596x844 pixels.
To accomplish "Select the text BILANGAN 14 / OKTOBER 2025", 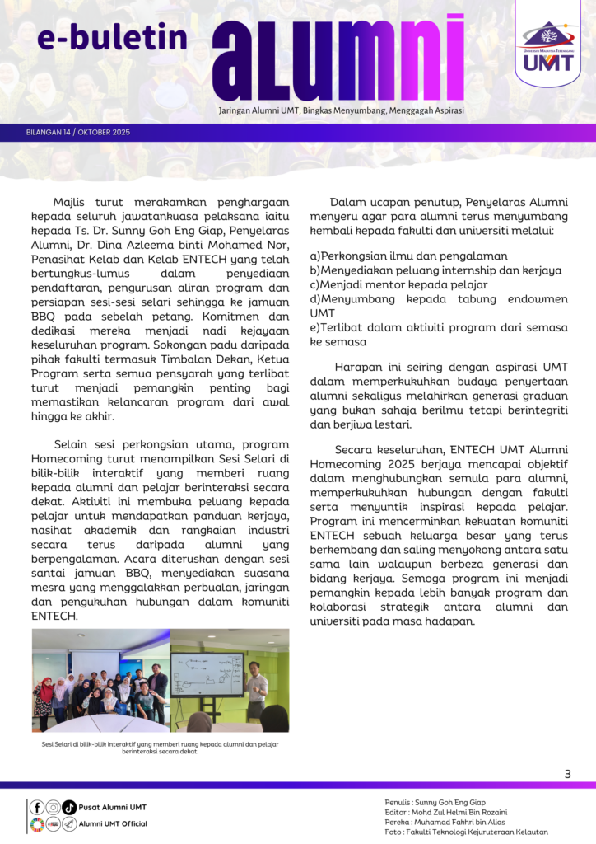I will point(78,132).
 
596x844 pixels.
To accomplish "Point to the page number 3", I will point(567,774).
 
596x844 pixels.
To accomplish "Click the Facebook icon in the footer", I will point(37,807).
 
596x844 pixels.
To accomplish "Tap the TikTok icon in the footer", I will point(69,807).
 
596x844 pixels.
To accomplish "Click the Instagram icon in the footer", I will point(53,807).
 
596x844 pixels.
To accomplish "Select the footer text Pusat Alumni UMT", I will point(113,807).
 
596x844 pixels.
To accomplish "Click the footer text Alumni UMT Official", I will point(114,823).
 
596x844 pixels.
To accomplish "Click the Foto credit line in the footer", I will point(466,832).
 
